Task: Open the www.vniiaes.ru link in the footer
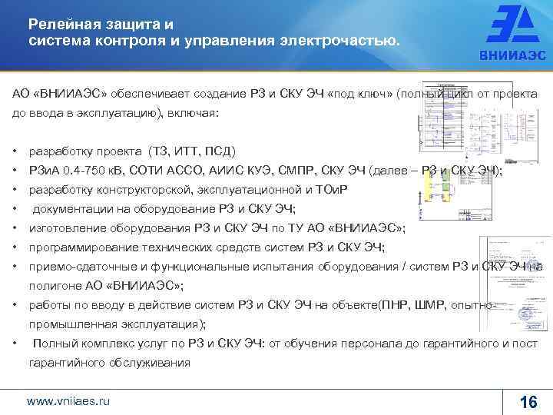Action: coord(68,401)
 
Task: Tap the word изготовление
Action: coord(65,228)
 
